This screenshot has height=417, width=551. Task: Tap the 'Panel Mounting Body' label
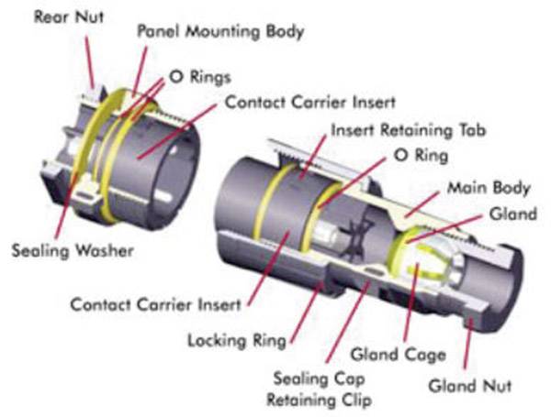click(x=220, y=30)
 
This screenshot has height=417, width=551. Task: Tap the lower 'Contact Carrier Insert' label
click(x=156, y=302)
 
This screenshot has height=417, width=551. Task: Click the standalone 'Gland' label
click(x=507, y=214)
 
